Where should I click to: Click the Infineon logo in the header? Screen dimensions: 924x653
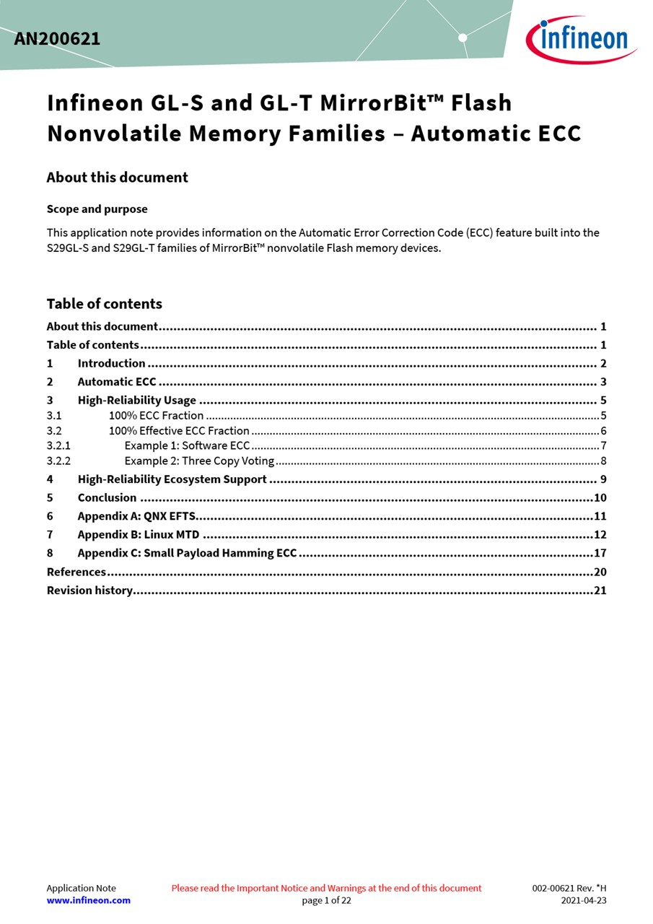point(581,39)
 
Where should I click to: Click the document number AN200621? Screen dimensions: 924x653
point(57,39)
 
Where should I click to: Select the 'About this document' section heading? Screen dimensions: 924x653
point(117,178)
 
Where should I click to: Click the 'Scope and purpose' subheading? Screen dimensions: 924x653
point(97,209)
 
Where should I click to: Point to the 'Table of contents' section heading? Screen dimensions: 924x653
point(104,304)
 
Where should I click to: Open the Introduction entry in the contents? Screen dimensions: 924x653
point(111,363)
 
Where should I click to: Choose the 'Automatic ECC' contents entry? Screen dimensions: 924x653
point(116,382)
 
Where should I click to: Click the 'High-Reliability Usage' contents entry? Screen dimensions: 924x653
point(136,400)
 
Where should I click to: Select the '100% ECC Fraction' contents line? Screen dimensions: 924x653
point(156,415)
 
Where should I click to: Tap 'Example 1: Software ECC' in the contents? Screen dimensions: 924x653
point(187,445)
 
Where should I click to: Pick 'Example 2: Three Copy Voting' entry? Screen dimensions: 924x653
point(199,461)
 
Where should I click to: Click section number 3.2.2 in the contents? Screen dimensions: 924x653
point(58,461)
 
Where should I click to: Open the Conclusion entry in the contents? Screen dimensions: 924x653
point(107,497)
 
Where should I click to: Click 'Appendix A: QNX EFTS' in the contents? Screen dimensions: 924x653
point(136,516)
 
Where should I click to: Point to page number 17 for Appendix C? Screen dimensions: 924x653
point(600,553)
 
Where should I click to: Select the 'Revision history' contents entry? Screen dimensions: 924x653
point(89,590)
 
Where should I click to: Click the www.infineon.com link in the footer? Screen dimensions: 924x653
point(89,900)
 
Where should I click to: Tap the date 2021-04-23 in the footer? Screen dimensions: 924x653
point(584,900)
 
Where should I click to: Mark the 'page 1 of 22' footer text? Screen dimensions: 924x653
point(326,900)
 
